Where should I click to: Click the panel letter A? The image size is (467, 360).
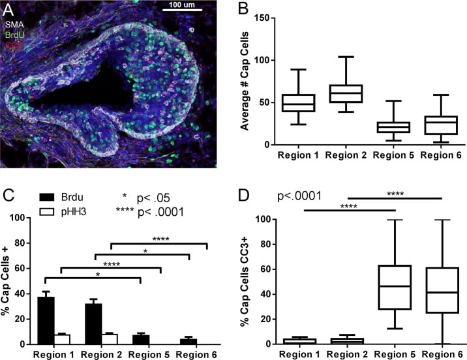click(x=10, y=8)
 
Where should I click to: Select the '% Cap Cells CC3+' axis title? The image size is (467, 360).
click(x=245, y=280)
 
